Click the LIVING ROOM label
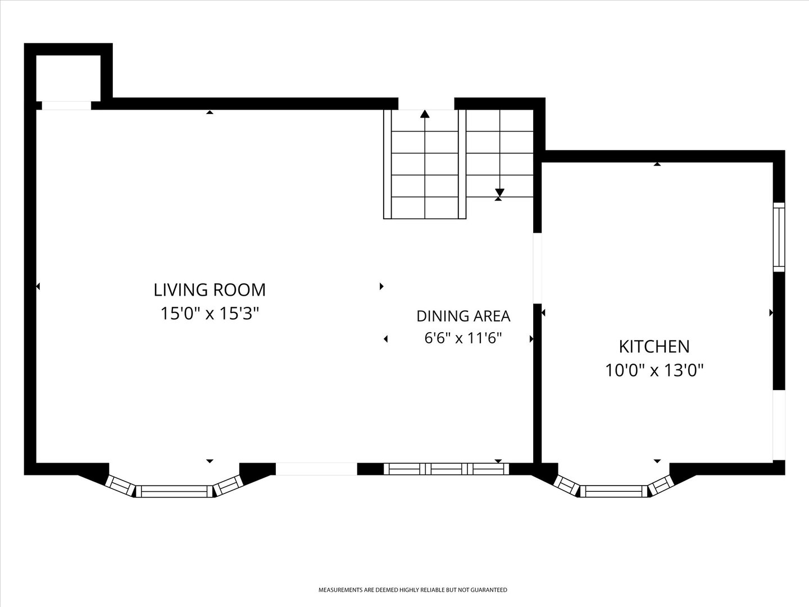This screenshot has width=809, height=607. point(210,289)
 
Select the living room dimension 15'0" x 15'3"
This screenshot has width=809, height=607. point(210,314)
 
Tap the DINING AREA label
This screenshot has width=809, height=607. point(463,316)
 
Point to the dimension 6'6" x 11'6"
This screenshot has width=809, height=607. point(463,338)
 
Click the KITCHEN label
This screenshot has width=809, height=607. point(654,346)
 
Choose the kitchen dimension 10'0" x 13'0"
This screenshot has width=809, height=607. point(654,370)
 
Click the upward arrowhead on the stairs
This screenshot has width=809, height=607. point(425,114)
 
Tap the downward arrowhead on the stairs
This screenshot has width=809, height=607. point(499,192)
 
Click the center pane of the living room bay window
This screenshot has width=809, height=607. point(174,491)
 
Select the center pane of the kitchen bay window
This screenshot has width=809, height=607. point(613,491)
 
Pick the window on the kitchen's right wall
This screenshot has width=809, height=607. point(779,237)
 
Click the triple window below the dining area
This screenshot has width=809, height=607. point(446,469)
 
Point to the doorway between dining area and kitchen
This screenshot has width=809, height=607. point(538,268)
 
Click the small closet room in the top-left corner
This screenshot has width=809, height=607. point(68,78)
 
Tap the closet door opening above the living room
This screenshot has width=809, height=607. point(66,106)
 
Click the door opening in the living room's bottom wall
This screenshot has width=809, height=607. point(316,469)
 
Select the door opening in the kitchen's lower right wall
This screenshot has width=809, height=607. point(779,425)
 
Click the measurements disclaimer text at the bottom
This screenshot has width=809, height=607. point(413,590)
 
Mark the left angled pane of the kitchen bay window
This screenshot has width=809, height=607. point(566,485)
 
